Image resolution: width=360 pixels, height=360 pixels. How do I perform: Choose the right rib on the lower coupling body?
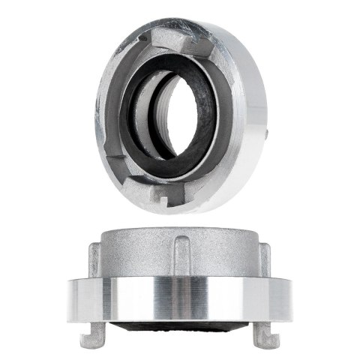point(267,259)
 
